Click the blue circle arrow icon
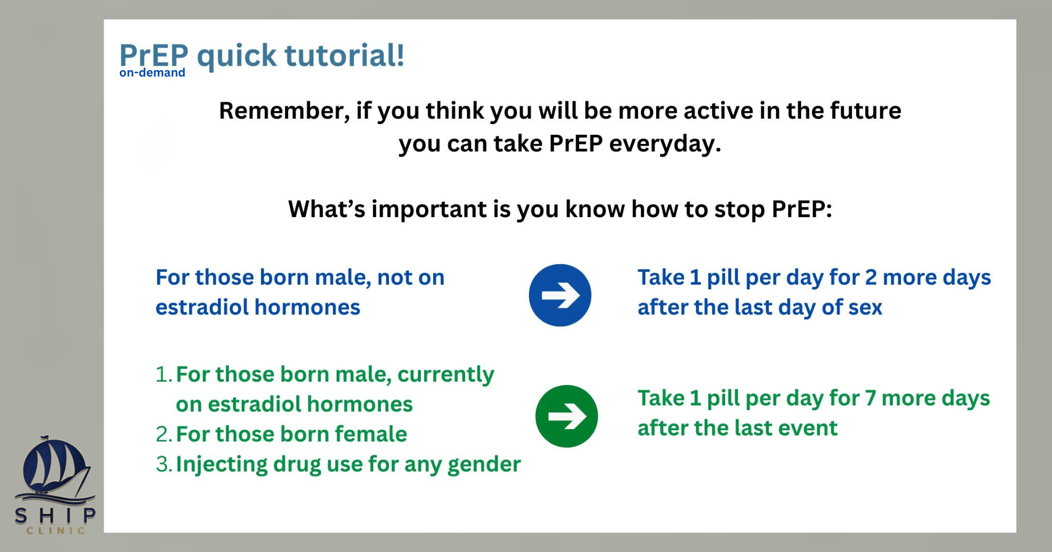(x=560, y=295)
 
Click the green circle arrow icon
(x=566, y=416)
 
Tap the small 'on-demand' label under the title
(x=152, y=73)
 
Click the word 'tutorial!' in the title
(x=344, y=55)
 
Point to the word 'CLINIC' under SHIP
(x=56, y=530)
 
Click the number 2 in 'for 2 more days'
(x=871, y=278)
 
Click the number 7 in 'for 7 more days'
(x=870, y=398)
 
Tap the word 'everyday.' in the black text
(x=665, y=144)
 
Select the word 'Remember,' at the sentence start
(x=284, y=111)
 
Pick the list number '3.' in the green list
(x=164, y=464)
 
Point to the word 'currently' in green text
(x=446, y=375)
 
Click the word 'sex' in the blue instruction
(x=865, y=308)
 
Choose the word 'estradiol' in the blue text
(x=202, y=307)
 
